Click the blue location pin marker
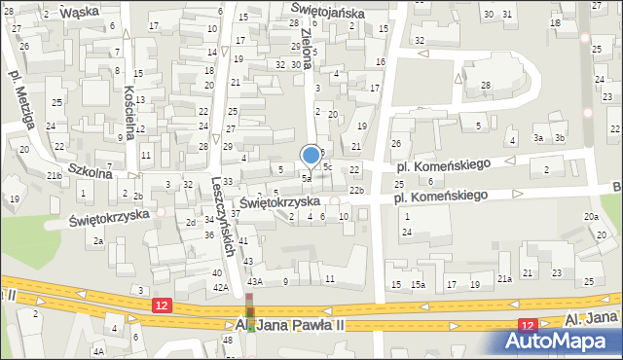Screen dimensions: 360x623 point(311,155)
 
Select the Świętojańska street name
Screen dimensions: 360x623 point(328,13)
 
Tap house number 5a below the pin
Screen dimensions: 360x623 point(306,179)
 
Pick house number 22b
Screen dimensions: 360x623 point(356,190)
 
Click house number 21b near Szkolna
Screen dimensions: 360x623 point(55,175)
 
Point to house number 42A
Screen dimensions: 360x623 point(221,288)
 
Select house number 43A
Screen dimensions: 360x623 point(255,281)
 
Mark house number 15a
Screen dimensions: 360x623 point(417,284)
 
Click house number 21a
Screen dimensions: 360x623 point(504,279)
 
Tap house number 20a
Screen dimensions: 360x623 point(590,216)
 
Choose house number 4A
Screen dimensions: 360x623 point(98,351)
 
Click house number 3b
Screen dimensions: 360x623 point(559,138)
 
